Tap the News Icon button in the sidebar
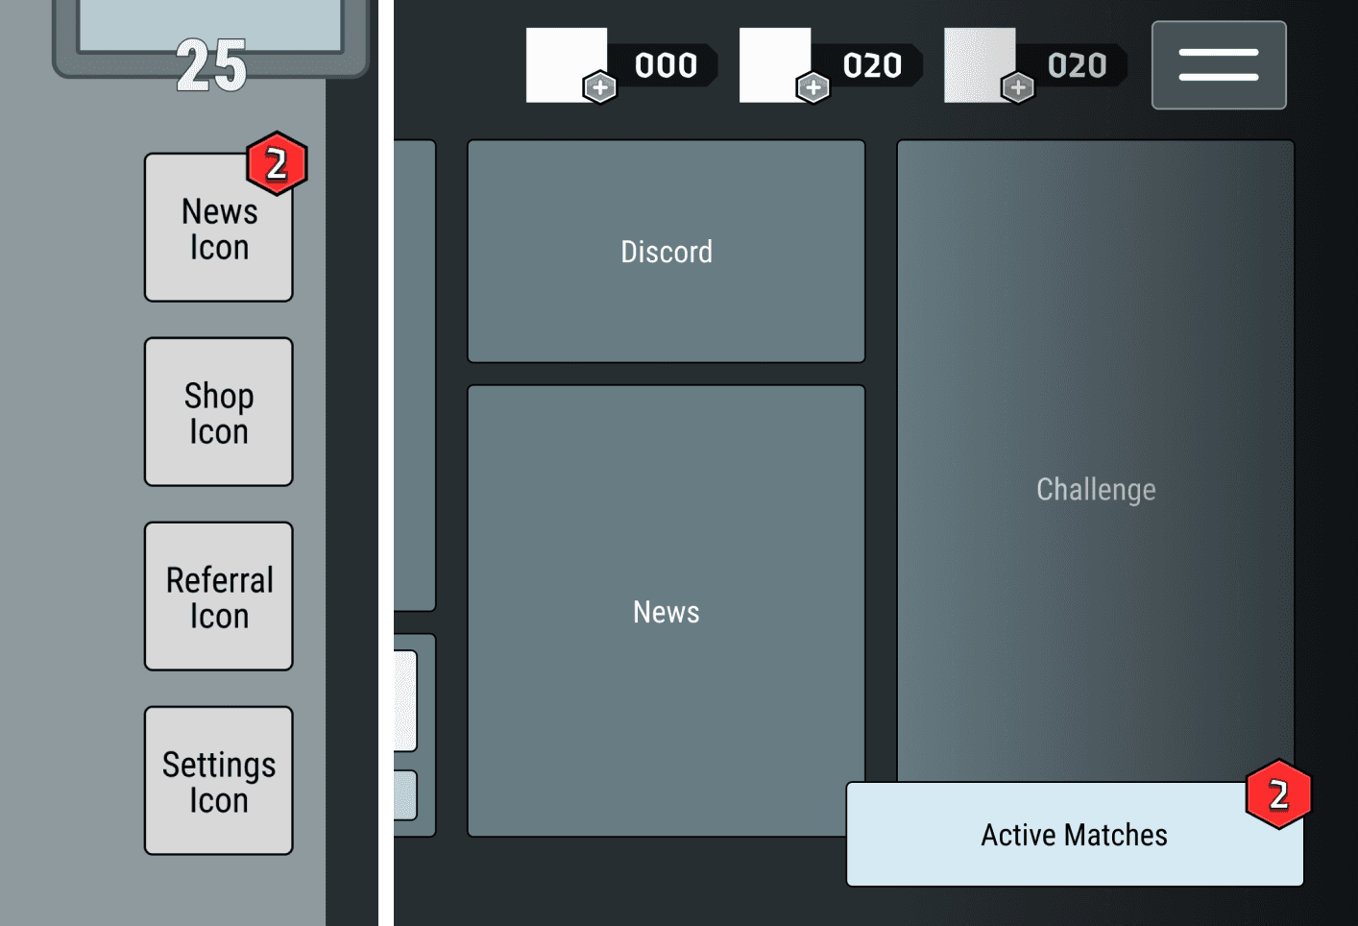tap(218, 229)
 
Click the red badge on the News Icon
tap(277, 164)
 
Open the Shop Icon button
tap(218, 413)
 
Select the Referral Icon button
tap(218, 597)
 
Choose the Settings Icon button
tap(218, 782)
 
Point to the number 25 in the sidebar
tap(211, 66)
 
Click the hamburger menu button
tap(1219, 65)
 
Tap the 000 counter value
tap(666, 65)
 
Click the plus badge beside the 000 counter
tap(600, 88)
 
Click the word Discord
tap(667, 252)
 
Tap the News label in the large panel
tap(667, 612)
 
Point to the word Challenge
tap(1096, 490)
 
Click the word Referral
tap(219, 580)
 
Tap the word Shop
tap(219, 396)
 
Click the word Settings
tap(219, 765)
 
